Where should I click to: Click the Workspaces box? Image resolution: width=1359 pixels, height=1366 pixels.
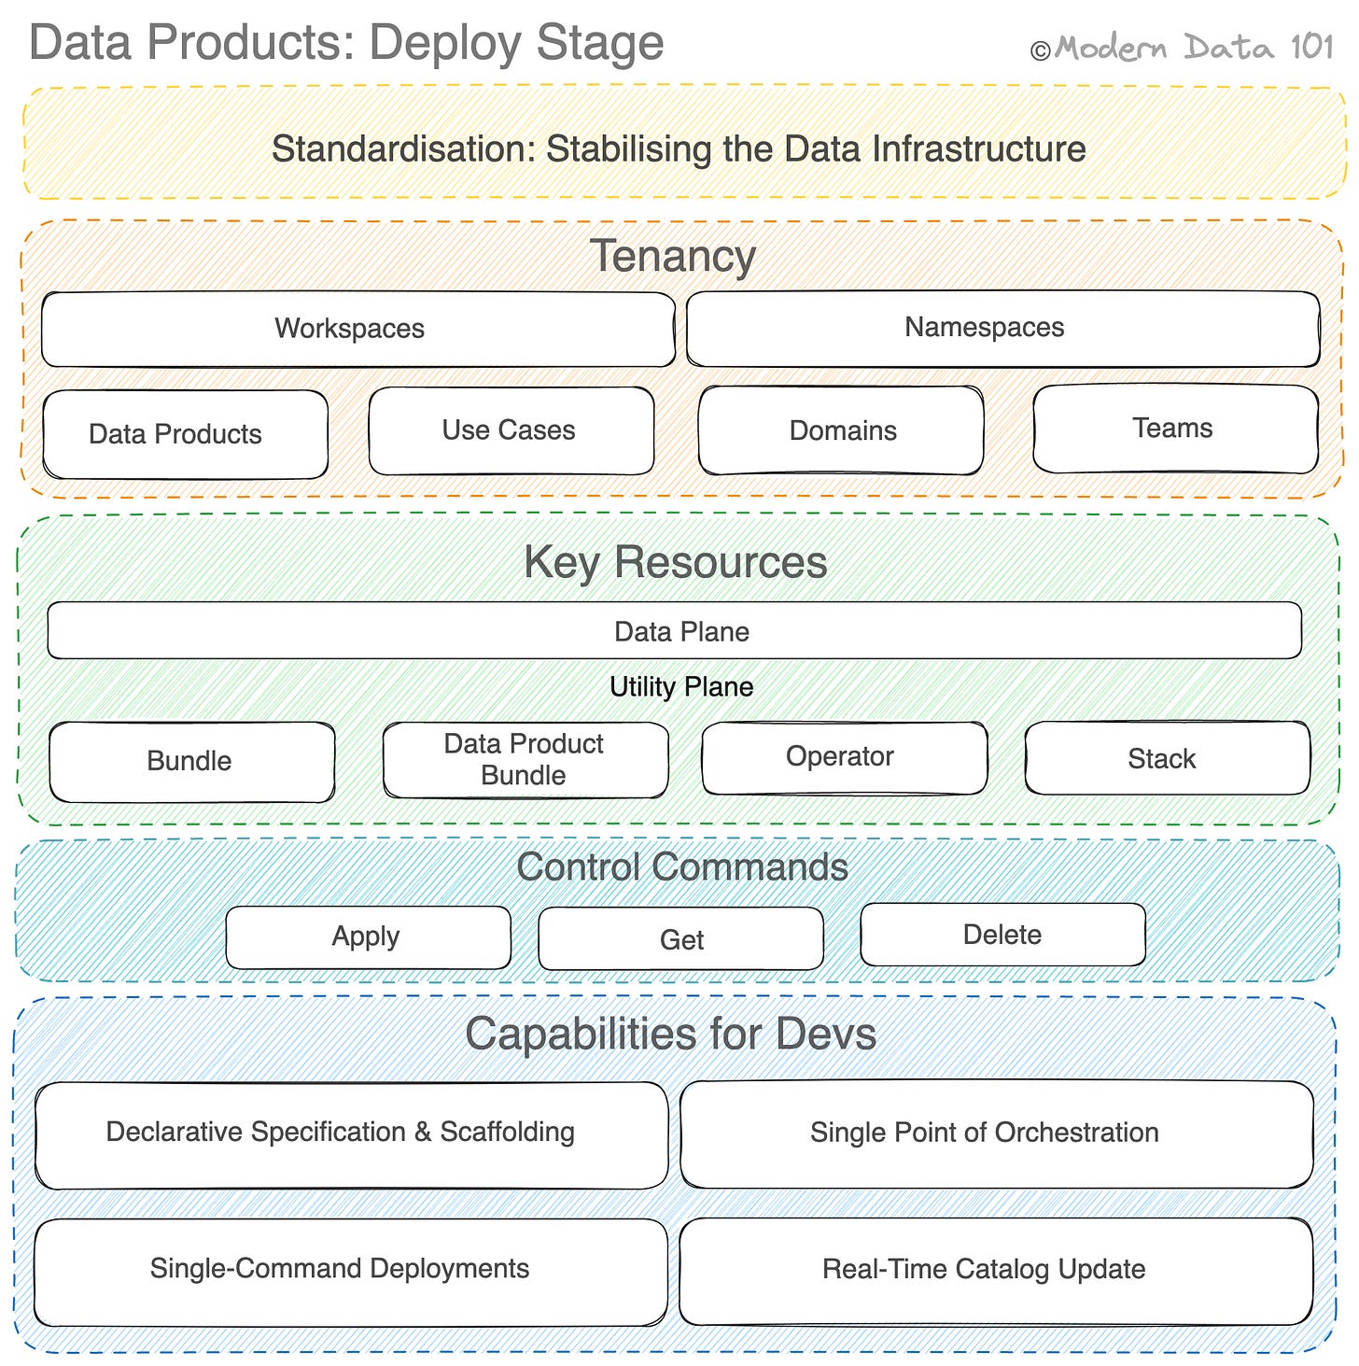point(357,329)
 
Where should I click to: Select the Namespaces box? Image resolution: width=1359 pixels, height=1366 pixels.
point(1002,328)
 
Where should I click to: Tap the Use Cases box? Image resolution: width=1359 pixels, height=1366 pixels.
point(511,430)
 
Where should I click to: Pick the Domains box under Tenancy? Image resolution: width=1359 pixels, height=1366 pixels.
point(841,430)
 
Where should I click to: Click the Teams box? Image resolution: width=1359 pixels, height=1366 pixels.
point(1174,429)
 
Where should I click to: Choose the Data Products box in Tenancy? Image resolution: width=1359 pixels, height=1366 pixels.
point(185,434)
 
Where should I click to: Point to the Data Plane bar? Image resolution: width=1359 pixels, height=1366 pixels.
point(674,631)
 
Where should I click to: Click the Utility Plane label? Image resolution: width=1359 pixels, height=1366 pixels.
point(680,687)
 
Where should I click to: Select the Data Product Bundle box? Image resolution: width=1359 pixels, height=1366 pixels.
point(525,760)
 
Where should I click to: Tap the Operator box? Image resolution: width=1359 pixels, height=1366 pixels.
point(843,757)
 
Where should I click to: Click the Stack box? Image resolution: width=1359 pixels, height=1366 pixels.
point(1166,758)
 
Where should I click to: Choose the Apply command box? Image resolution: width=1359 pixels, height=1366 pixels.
point(368,937)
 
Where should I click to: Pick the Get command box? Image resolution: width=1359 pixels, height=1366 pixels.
point(680,939)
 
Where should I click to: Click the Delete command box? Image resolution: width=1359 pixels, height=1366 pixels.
point(1002,935)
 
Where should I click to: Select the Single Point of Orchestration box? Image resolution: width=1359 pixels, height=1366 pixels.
point(996,1134)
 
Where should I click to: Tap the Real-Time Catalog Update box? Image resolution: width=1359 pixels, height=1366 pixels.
point(995,1270)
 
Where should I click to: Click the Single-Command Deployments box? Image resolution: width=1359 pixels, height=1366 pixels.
point(350,1270)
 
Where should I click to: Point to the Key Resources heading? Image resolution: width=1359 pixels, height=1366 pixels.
point(675,562)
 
